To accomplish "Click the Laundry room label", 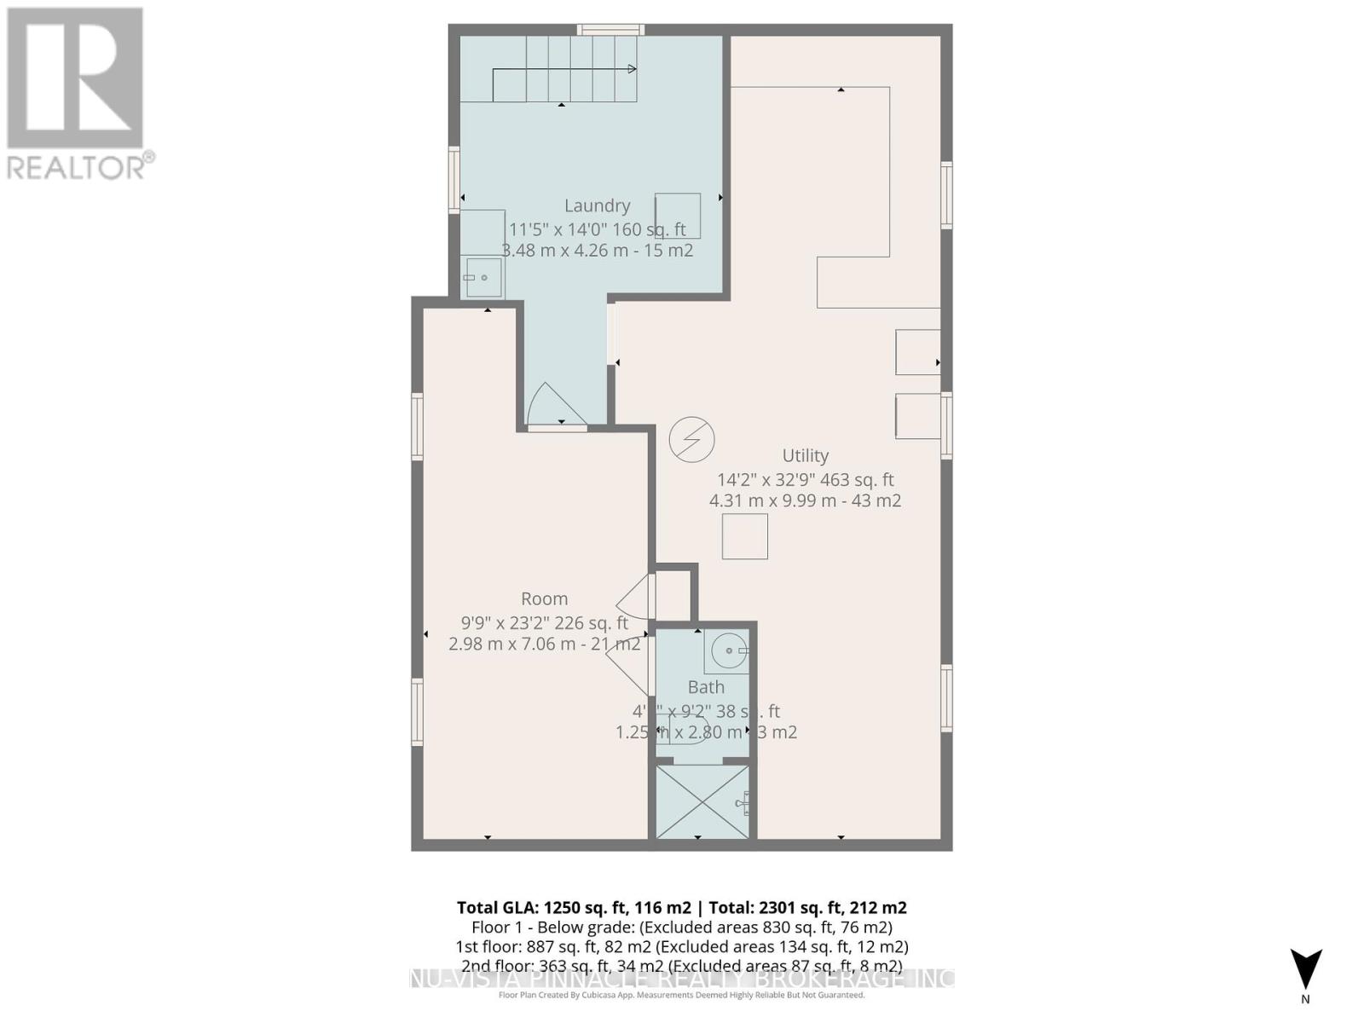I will [x=597, y=205].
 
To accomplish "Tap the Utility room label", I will [x=805, y=455].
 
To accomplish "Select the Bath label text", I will [x=706, y=687].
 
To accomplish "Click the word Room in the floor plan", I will [x=544, y=599].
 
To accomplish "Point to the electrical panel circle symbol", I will [x=691, y=440].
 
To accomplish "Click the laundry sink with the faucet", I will [x=483, y=278].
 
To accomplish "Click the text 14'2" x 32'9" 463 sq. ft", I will [x=805, y=480].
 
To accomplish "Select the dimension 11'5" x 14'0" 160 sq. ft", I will [x=597, y=229].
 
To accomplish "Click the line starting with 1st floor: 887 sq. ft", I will [x=681, y=947].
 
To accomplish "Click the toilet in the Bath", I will [x=687, y=731].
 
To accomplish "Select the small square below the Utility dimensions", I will [x=744, y=536].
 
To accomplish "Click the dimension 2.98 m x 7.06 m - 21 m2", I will [x=544, y=644].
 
